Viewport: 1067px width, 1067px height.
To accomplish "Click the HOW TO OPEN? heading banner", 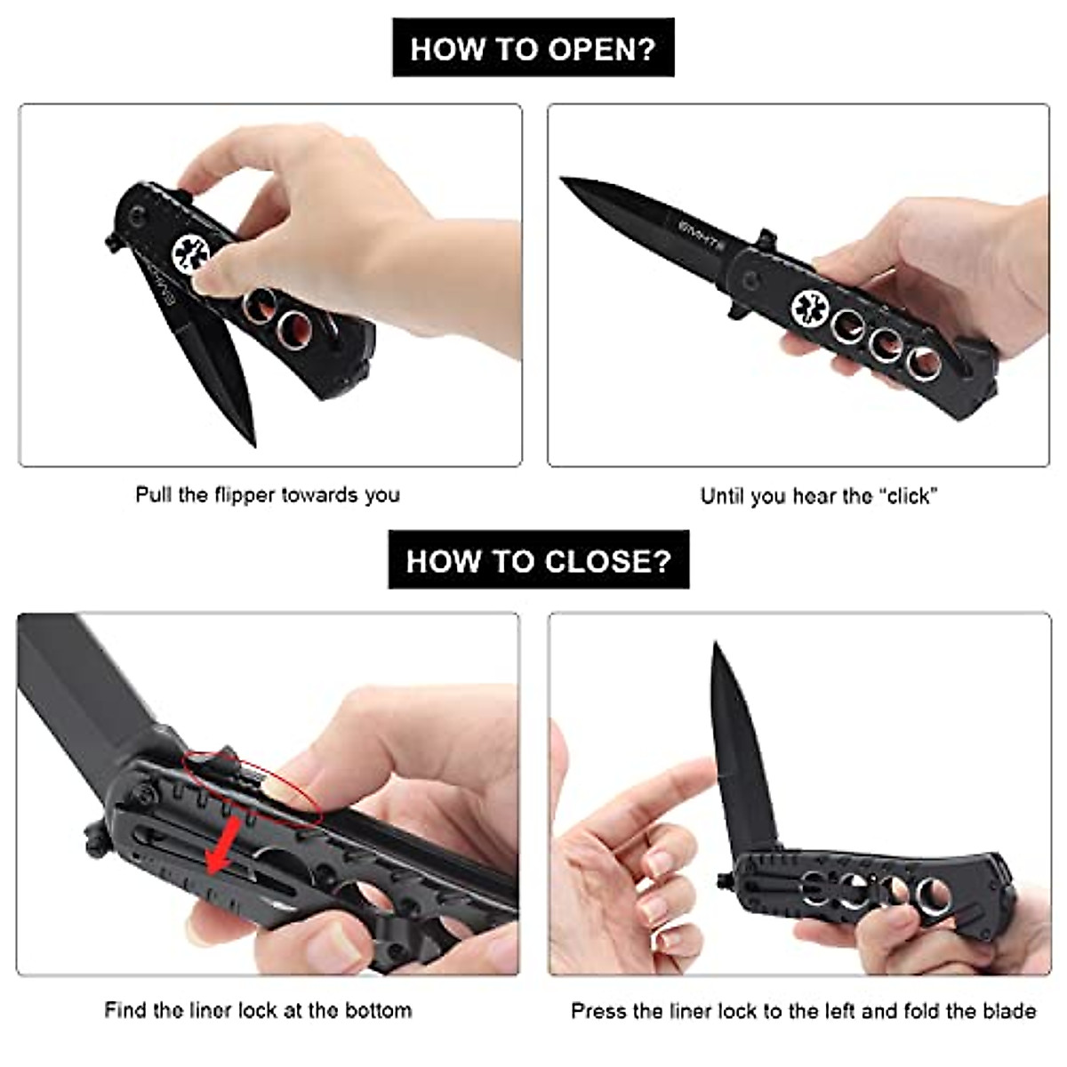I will click(533, 48).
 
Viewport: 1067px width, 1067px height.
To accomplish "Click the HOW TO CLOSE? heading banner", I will click(538, 560).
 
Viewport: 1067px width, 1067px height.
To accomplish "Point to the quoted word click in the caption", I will click(909, 496).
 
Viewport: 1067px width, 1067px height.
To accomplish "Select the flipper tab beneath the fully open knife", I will click(737, 308).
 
